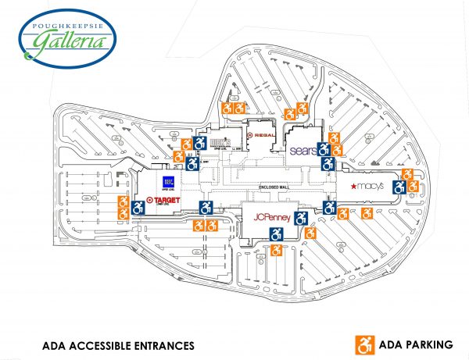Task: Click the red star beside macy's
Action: pos(352,186)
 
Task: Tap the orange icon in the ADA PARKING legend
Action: pos(363,343)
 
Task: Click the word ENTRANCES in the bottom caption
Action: pos(156,344)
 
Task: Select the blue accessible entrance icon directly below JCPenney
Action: pos(276,233)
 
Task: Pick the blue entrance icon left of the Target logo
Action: pos(139,207)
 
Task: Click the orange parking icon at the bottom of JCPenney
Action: pos(276,251)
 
